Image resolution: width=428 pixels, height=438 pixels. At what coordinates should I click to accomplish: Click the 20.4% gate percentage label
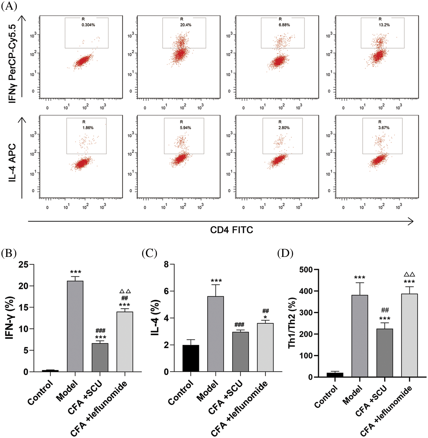coord(185,25)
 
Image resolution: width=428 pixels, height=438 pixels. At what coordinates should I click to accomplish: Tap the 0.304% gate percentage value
coord(88,25)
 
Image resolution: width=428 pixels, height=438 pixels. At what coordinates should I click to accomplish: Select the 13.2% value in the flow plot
coord(384,25)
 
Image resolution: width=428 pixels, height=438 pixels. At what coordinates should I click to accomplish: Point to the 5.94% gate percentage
coord(185,128)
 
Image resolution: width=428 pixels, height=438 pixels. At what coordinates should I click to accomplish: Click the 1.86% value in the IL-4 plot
coord(88,128)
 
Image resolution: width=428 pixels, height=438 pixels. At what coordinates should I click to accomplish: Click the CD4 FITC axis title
coord(231,230)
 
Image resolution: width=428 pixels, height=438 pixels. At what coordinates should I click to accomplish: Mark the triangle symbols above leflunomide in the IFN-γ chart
coord(125,291)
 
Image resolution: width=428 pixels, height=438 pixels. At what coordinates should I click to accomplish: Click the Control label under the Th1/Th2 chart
coord(326,396)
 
